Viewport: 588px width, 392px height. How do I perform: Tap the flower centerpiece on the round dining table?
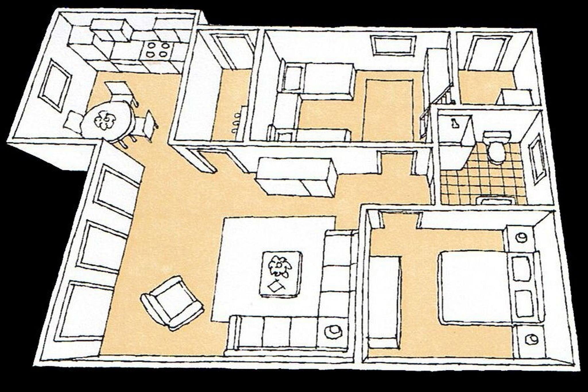point(105,120)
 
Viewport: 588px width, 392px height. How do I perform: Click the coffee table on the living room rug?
point(281,274)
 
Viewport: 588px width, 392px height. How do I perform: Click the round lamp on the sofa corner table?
point(333,332)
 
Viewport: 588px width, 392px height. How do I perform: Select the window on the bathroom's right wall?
point(537,159)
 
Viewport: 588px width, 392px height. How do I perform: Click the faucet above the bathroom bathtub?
point(454,123)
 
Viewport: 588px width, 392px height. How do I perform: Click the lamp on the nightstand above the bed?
point(521,237)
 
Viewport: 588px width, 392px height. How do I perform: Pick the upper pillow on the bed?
point(521,269)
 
